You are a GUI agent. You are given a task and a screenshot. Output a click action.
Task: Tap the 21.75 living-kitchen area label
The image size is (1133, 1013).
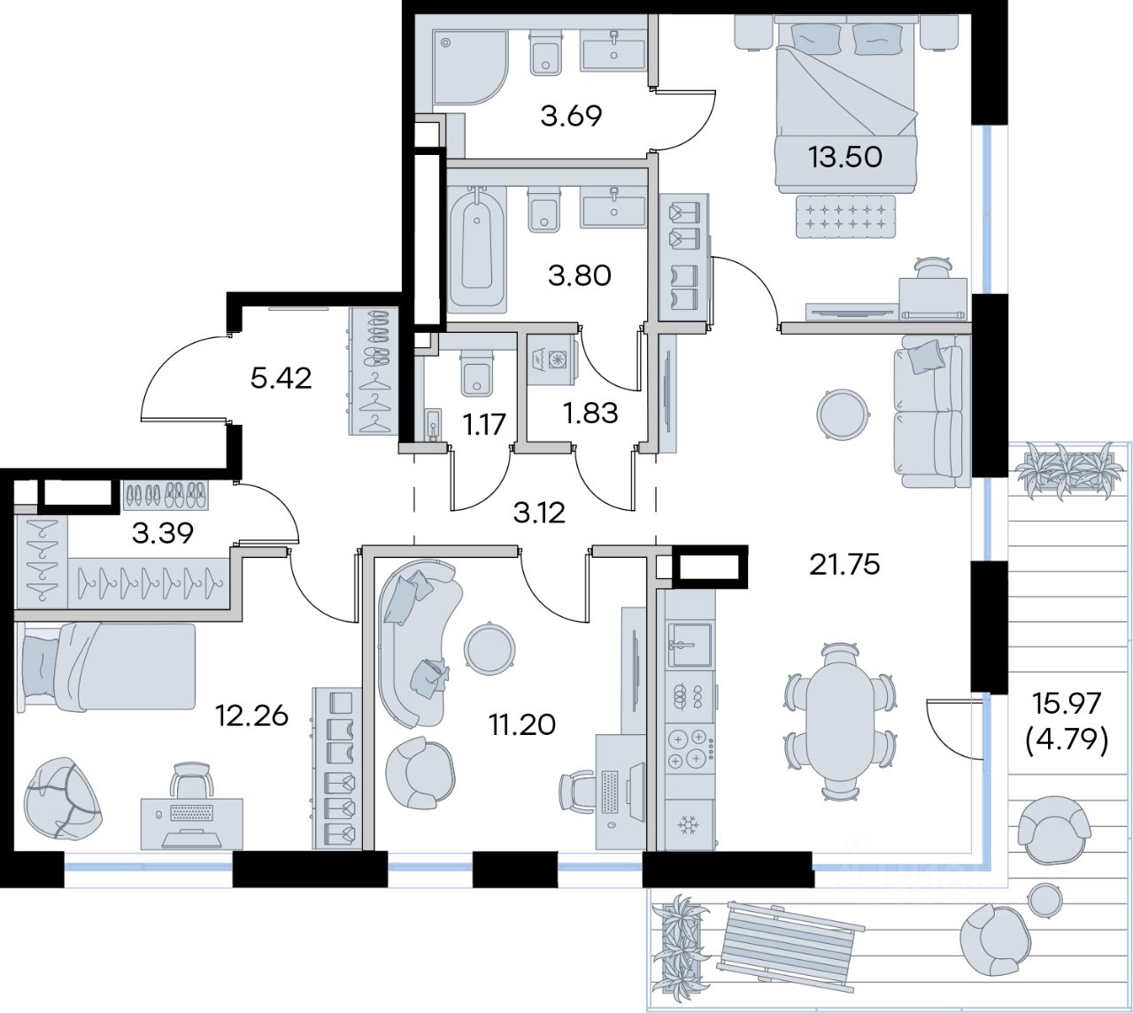[844, 565]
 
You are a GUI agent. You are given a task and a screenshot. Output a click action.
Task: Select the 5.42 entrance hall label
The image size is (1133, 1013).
[281, 379]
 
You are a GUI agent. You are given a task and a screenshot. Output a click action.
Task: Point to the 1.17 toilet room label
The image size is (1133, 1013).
[483, 424]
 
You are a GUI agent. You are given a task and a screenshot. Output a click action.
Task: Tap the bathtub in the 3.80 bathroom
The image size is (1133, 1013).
[476, 248]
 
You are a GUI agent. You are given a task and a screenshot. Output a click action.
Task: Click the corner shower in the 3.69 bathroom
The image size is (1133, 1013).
[470, 67]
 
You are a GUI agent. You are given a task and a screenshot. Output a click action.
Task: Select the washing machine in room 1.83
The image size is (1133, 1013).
[551, 360]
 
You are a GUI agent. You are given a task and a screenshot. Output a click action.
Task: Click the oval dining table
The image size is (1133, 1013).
[841, 728]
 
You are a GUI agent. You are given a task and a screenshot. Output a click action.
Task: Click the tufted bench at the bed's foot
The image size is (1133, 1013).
[845, 217]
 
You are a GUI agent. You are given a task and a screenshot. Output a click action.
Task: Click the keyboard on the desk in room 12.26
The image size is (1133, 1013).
[191, 813]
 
